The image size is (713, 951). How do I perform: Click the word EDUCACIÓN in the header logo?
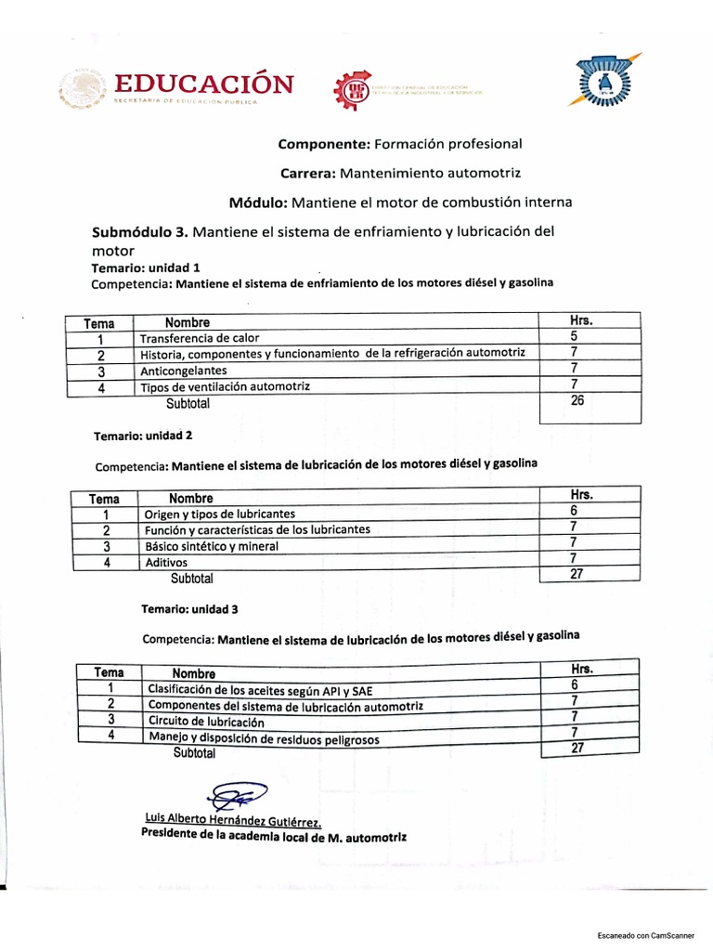(x=203, y=84)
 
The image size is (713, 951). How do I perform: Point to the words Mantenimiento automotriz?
(x=431, y=173)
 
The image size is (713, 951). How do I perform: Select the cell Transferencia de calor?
(x=200, y=338)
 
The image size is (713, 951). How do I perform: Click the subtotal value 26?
(x=577, y=400)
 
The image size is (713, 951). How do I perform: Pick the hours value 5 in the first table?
(x=575, y=336)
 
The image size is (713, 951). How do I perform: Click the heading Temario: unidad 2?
(x=143, y=435)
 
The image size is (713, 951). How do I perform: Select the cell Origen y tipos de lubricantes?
(x=220, y=514)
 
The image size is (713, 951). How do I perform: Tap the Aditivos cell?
(x=166, y=562)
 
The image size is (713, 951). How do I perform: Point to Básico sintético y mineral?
(x=211, y=546)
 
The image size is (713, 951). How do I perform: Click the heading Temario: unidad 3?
(x=189, y=609)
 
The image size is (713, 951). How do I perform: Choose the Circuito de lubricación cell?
(x=206, y=721)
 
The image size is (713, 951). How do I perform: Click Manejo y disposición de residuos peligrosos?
(x=264, y=738)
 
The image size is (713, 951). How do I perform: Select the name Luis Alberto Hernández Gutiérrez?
(x=234, y=820)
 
